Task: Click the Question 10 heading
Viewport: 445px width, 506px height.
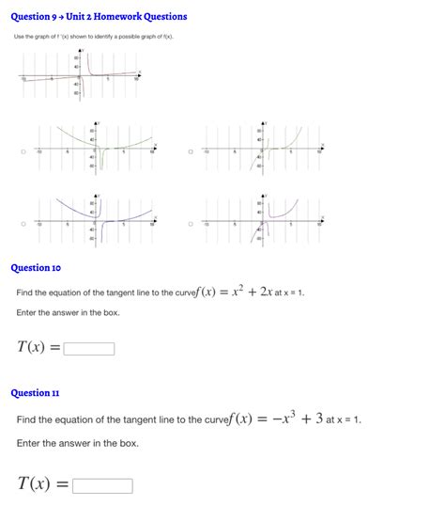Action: pyautogui.click(x=36, y=268)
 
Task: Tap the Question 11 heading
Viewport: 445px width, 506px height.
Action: pyautogui.click(x=35, y=392)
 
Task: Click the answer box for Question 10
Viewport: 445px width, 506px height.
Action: pyautogui.click(x=89, y=349)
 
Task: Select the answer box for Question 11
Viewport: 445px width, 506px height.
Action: pyautogui.click(x=102, y=486)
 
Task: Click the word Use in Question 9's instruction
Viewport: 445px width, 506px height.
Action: pyautogui.click(x=18, y=37)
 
